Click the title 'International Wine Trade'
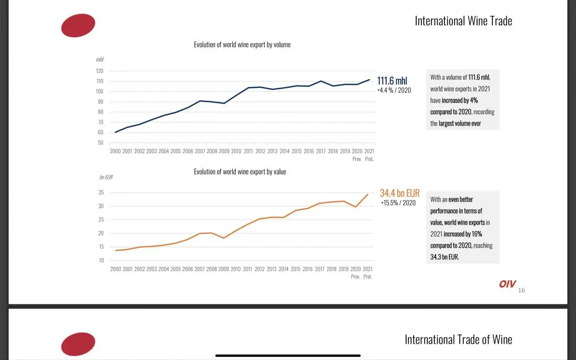463,21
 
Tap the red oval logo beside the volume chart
78,25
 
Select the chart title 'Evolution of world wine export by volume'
242,45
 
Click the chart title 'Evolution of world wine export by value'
240,172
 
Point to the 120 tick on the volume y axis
99,71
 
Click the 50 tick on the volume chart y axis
100,143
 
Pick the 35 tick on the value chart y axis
101,192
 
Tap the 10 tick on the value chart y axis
101,260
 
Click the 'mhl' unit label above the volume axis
100,60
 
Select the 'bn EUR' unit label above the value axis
106,177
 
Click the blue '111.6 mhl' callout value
392,81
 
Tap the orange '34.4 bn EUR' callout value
399,193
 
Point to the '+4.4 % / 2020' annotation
394,90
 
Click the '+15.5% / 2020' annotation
398,203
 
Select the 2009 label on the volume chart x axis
224,151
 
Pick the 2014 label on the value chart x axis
283,269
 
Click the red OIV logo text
507,284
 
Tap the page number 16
522,290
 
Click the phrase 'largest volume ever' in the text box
459,123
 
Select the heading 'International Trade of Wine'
458,340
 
